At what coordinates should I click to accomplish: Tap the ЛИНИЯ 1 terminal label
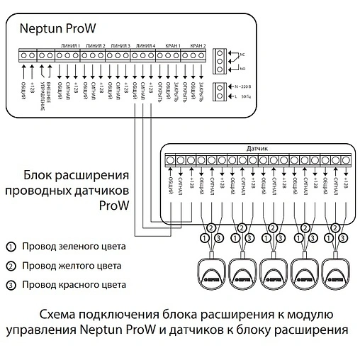68,45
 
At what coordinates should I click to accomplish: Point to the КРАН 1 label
172,45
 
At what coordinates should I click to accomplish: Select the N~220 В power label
242,85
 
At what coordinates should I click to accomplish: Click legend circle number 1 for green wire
10,247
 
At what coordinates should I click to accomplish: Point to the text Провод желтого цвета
72,266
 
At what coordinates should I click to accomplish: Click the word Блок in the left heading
40,175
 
